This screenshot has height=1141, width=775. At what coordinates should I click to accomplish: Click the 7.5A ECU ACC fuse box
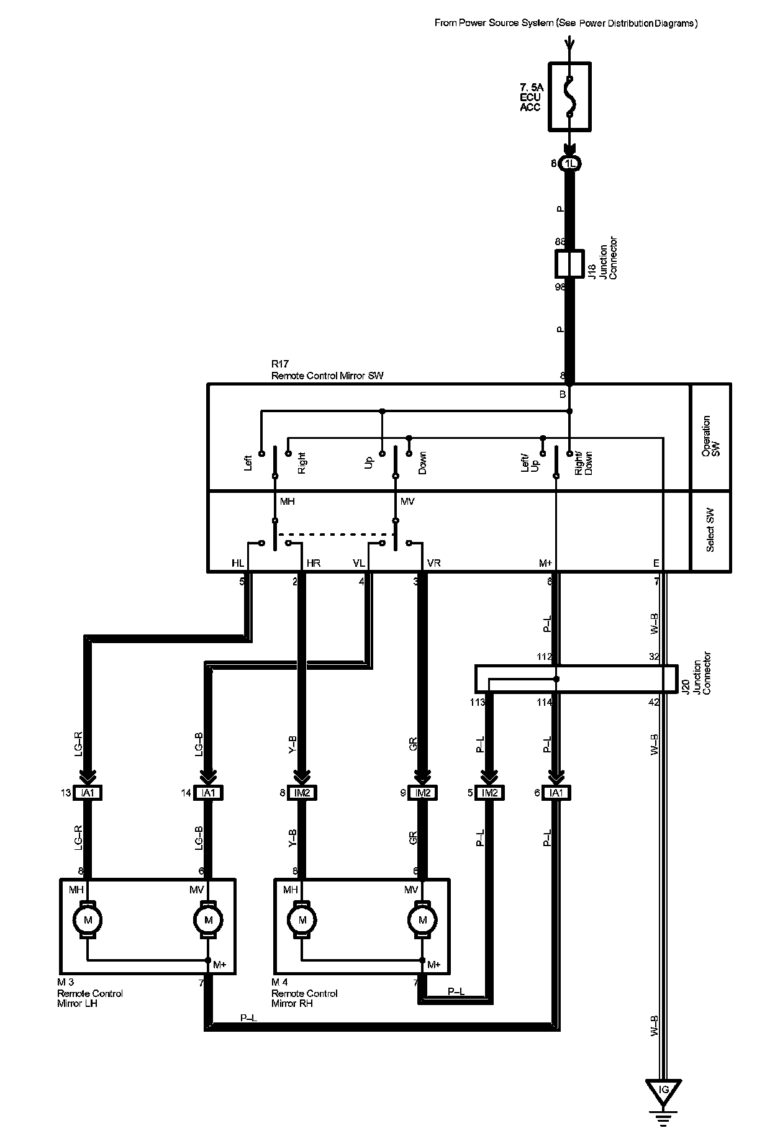tap(569, 96)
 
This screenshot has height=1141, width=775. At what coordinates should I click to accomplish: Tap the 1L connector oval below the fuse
tap(569, 164)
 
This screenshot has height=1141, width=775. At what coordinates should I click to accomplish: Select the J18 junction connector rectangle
tap(569, 264)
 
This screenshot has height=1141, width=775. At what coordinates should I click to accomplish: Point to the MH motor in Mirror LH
tap(88, 919)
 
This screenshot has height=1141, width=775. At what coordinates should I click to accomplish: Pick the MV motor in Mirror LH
tap(208, 919)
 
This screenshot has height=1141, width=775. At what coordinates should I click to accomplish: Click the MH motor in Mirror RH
tap(302, 919)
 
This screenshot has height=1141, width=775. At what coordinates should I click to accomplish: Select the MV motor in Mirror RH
tap(423, 919)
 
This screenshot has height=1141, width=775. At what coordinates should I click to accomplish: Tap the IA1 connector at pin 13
tap(88, 793)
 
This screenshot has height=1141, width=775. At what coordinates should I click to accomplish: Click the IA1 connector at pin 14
tap(208, 793)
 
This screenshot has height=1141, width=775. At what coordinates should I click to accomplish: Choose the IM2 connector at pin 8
tap(302, 793)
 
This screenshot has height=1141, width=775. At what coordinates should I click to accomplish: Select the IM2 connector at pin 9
tap(423, 793)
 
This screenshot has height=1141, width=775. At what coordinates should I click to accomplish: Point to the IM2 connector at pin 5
tap(489, 793)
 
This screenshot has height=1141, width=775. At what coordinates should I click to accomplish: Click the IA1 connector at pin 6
tap(556, 793)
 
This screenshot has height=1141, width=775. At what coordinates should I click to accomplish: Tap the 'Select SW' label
tap(710, 531)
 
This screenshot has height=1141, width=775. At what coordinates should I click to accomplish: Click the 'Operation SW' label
tap(710, 436)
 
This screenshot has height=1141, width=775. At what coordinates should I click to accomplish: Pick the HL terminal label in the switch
tap(238, 563)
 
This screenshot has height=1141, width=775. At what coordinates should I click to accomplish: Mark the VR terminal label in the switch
tap(434, 563)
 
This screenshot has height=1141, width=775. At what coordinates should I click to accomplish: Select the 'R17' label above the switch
tap(281, 364)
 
